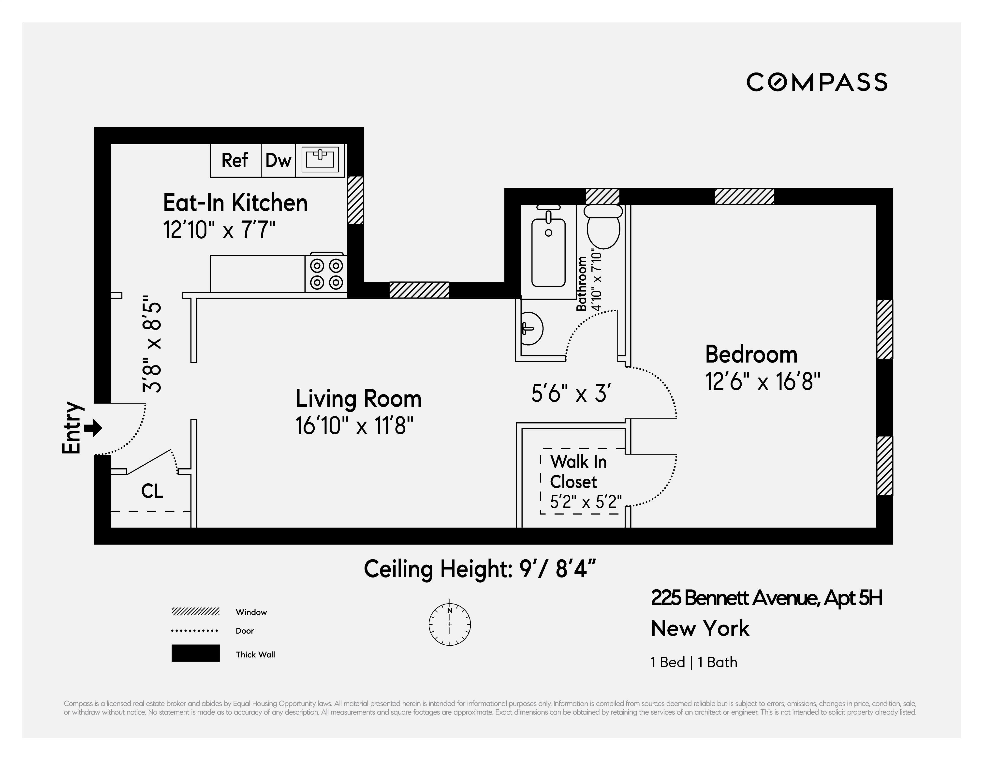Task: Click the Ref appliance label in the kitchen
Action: (235, 160)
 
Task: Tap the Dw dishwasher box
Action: (278, 160)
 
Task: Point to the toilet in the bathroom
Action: (603, 227)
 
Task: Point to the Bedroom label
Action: (751, 354)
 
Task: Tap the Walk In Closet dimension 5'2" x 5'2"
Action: (586, 502)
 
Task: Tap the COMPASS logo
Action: (817, 82)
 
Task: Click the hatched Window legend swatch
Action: (195, 611)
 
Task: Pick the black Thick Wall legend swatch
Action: (195, 653)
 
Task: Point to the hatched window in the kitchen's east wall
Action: (356, 200)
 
